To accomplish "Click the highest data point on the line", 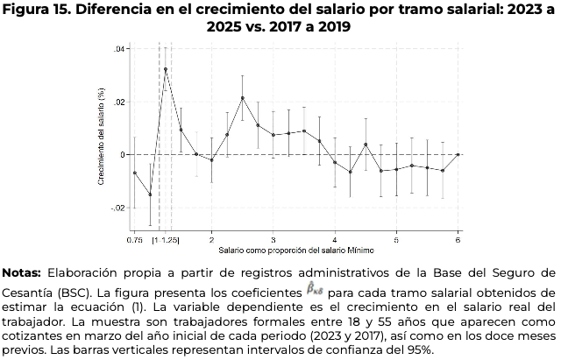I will [x=166, y=69].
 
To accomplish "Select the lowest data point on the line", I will [x=150, y=194].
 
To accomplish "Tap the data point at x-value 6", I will [x=458, y=154].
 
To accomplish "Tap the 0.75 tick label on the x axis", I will [x=134, y=238].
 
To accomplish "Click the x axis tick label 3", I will [x=273, y=238].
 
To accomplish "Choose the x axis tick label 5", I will [x=396, y=238].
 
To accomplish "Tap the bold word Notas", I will [x=22, y=272].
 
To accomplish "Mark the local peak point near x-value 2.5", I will [x=243, y=98].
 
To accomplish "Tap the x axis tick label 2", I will [x=211, y=238].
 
